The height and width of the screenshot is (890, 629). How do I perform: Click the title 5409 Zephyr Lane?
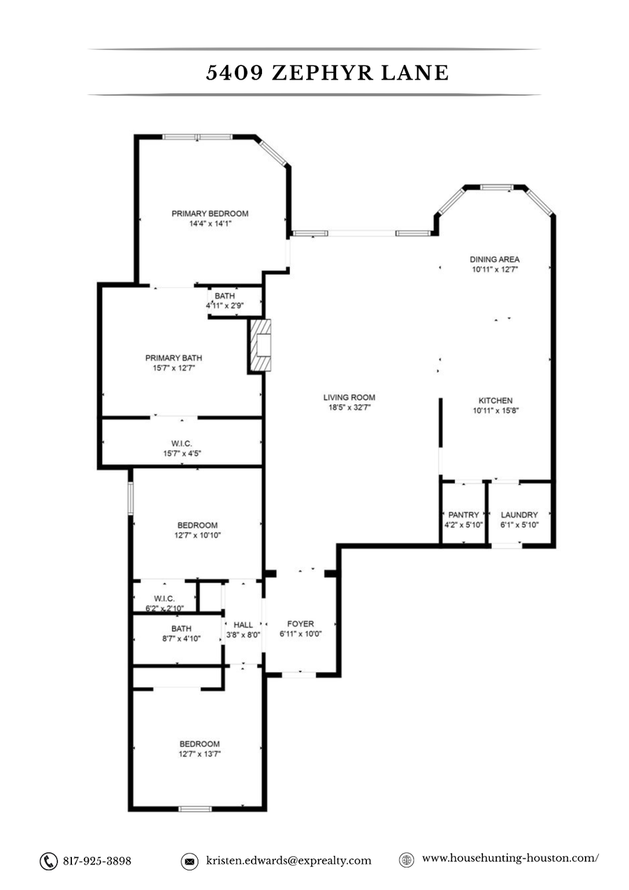pyautogui.click(x=327, y=73)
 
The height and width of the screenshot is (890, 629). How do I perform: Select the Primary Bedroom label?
pyautogui.click(x=210, y=214)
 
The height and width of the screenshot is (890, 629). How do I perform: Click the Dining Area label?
pyautogui.click(x=494, y=259)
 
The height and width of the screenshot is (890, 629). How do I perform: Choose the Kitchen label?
pyautogui.click(x=496, y=400)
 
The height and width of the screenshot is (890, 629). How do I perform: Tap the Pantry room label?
pyautogui.click(x=463, y=515)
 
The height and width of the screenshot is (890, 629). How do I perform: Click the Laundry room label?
pyautogui.click(x=519, y=515)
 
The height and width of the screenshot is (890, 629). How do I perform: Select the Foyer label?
pyautogui.click(x=301, y=624)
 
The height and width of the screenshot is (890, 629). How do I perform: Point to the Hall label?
pyautogui.click(x=243, y=625)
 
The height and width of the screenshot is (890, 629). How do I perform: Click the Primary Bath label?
pyautogui.click(x=174, y=358)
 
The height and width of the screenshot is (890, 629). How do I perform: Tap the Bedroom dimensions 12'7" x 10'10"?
pyautogui.click(x=197, y=535)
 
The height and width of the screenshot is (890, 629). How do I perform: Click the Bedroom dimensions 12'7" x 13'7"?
pyautogui.click(x=199, y=754)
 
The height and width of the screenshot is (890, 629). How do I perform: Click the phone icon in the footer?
pyautogui.click(x=48, y=861)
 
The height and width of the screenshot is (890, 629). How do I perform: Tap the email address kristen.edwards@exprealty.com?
pyautogui.click(x=289, y=861)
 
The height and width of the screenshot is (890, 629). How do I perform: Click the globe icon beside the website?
pyautogui.click(x=406, y=860)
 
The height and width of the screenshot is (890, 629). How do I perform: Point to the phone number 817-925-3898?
pyautogui.click(x=97, y=861)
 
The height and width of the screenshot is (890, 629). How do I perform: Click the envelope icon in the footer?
pyautogui.click(x=189, y=861)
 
